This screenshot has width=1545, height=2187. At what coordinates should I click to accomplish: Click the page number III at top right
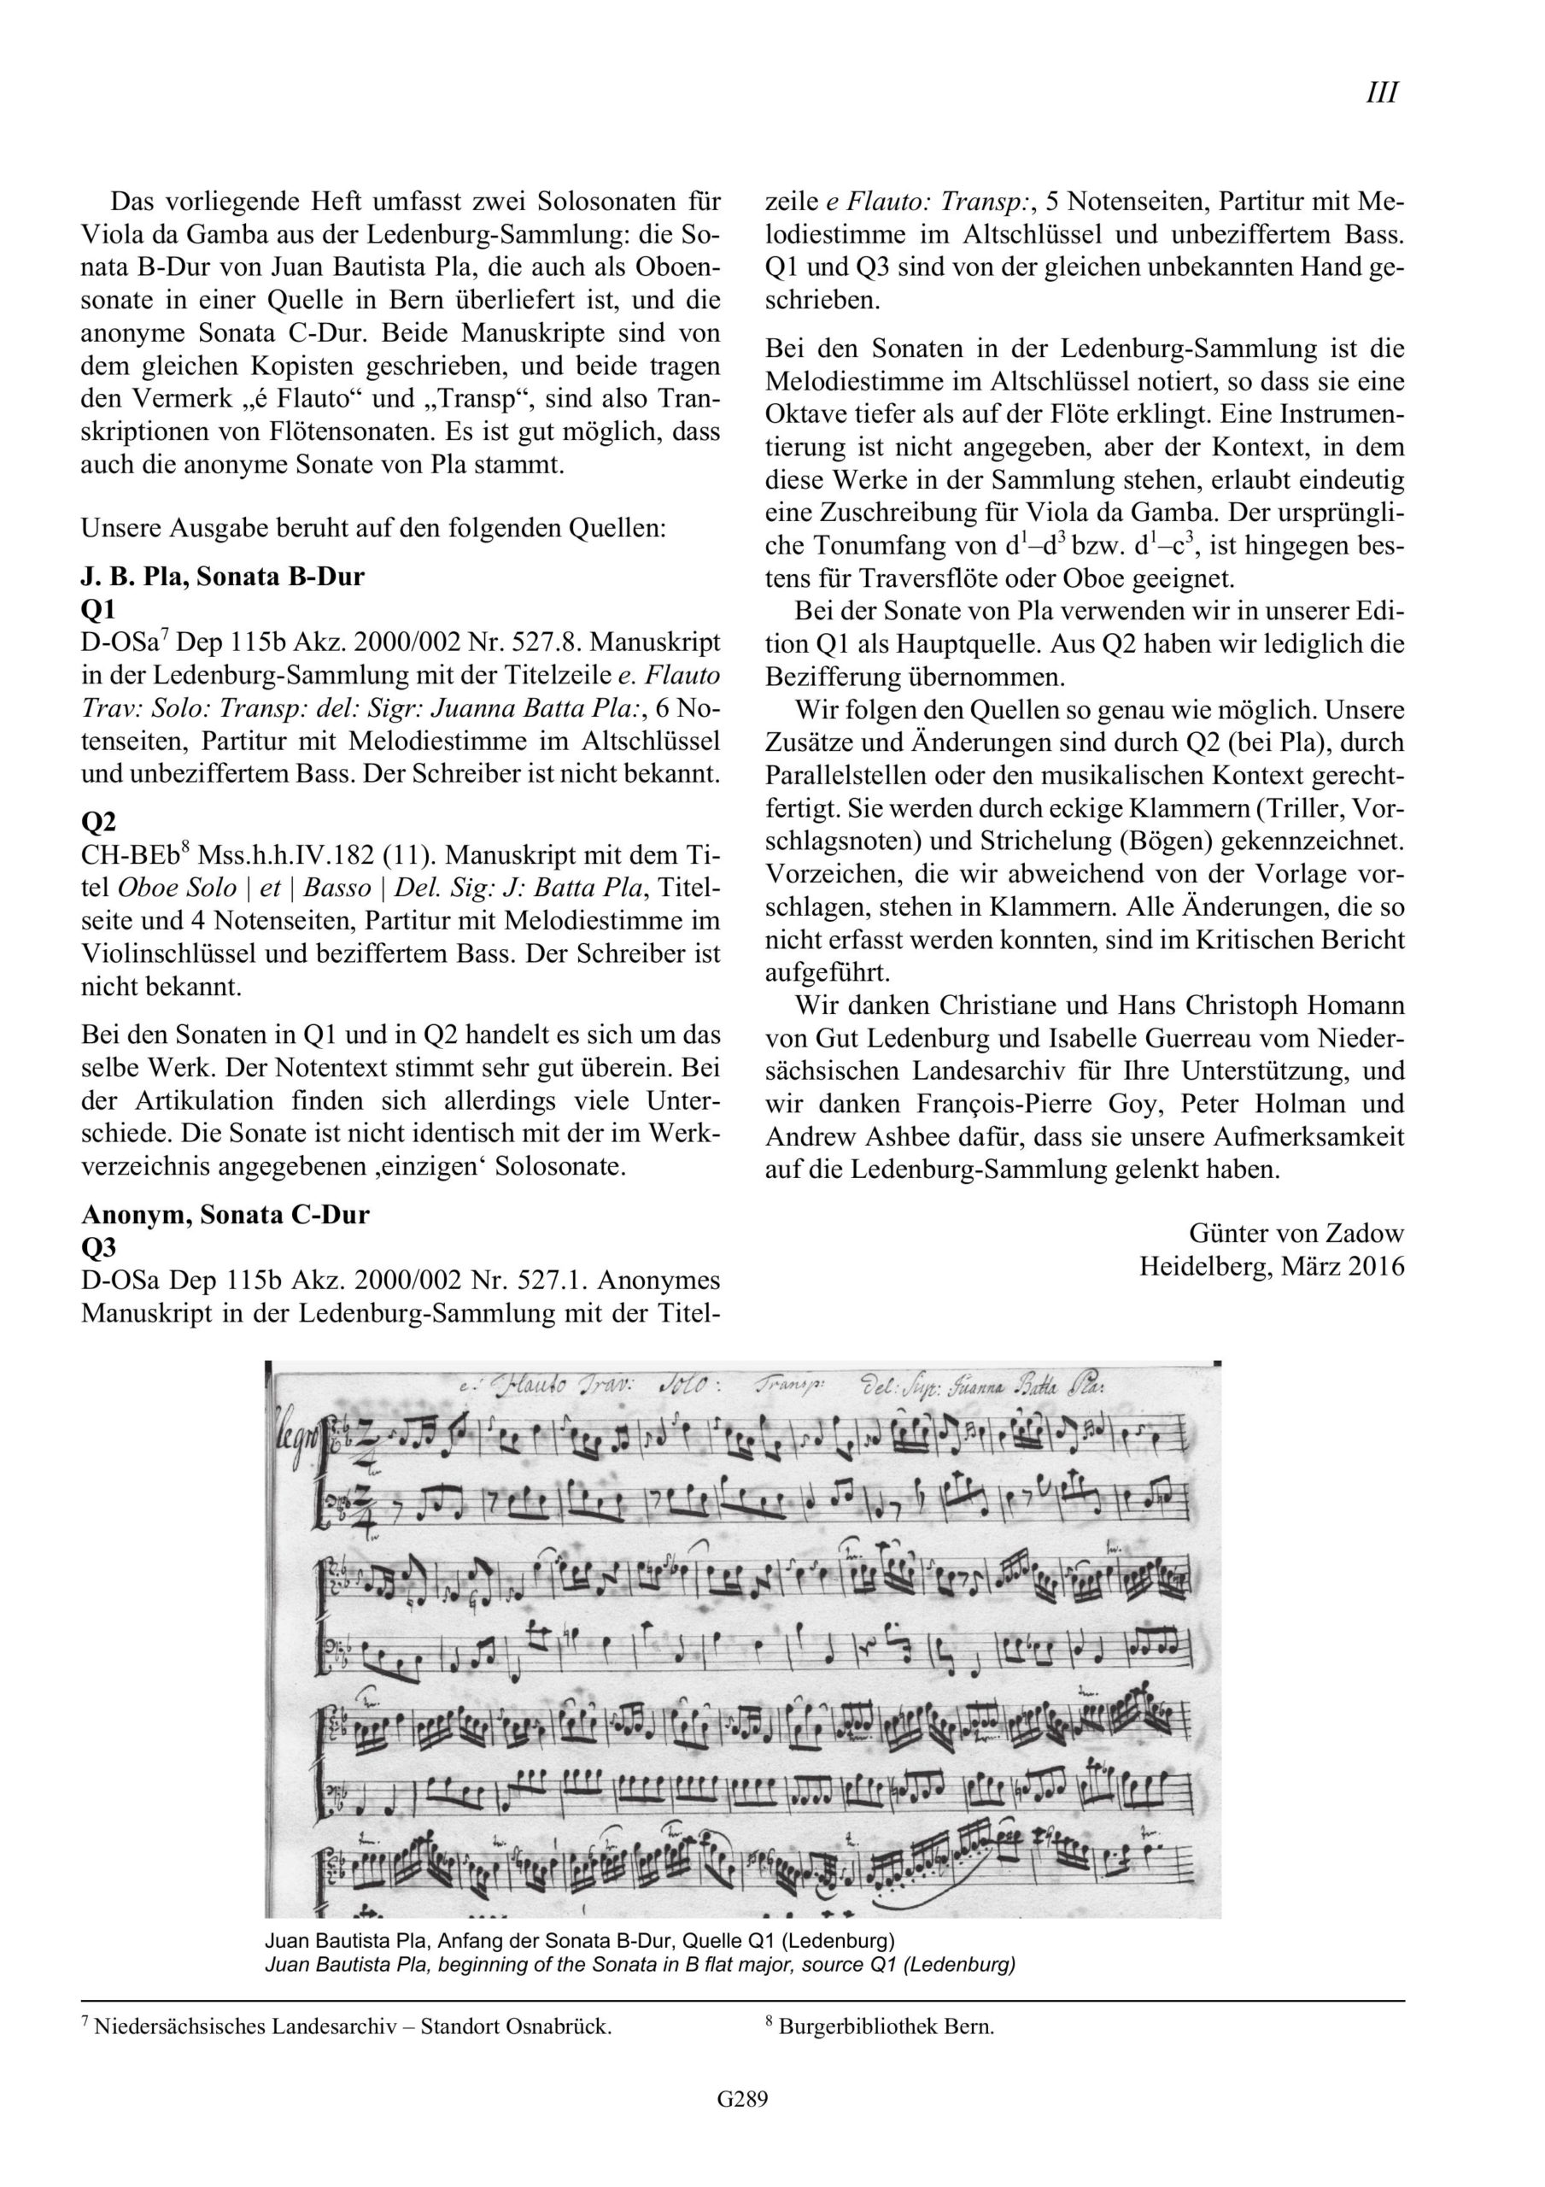[1381, 93]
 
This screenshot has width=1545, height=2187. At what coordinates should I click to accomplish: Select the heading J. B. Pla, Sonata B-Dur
[223, 577]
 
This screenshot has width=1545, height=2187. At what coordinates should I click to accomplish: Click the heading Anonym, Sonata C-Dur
[225, 1216]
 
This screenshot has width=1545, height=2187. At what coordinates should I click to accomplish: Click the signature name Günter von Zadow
[1296, 1234]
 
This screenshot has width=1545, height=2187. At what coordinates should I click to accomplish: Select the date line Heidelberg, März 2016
[1272, 1266]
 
